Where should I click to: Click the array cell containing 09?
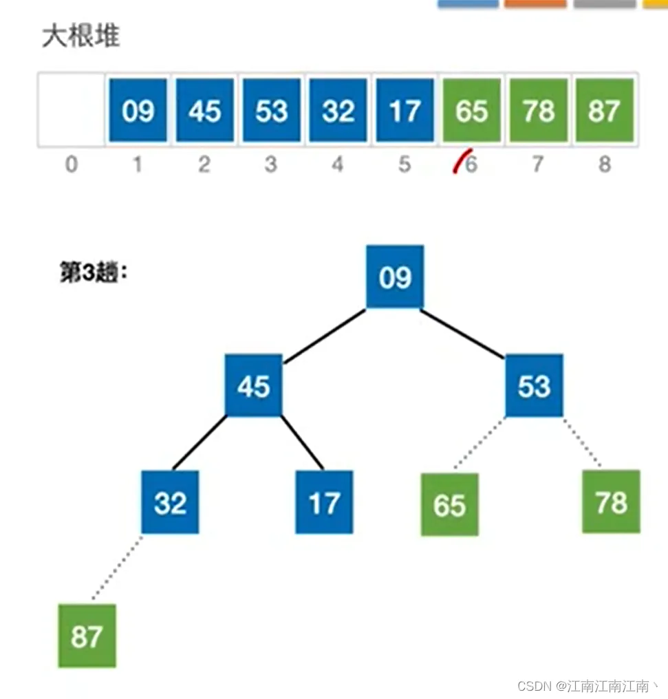[x=138, y=110]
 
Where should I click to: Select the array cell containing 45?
[x=204, y=110]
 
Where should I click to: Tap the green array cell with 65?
[x=471, y=110]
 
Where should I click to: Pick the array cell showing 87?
[x=604, y=110]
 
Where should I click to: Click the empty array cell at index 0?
[x=71, y=110]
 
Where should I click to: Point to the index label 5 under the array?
[x=405, y=165]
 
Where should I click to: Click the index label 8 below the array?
[x=604, y=165]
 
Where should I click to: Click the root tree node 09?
[x=395, y=277]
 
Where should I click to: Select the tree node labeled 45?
[x=254, y=385]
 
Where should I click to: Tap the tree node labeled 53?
[x=534, y=385]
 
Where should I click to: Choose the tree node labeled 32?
[x=170, y=502]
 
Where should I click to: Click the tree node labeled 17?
[x=324, y=502]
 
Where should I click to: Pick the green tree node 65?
[x=449, y=505]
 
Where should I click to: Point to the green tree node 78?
[x=611, y=502]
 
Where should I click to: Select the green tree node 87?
[x=87, y=636]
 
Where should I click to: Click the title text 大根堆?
[x=81, y=36]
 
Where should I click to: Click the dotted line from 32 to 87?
[x=117, y=568]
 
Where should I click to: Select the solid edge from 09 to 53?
[x=463, y=334]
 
